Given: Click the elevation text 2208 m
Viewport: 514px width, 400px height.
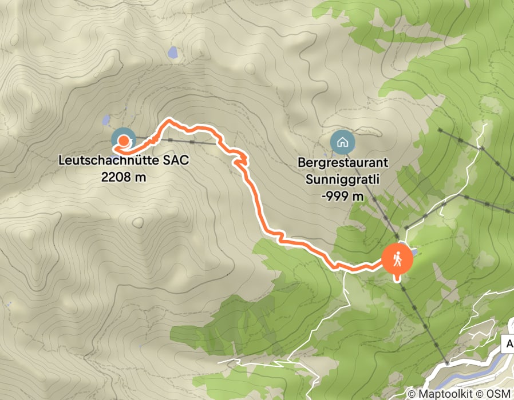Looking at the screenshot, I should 124,177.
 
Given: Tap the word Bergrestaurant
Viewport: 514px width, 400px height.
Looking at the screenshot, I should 343,163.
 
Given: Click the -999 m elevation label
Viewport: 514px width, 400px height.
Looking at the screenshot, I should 343,197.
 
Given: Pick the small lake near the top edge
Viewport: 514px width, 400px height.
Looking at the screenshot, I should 172,53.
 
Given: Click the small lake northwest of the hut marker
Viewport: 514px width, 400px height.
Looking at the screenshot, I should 105,121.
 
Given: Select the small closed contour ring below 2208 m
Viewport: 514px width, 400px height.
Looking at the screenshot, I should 138,222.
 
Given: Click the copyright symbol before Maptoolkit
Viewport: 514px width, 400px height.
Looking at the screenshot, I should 411,394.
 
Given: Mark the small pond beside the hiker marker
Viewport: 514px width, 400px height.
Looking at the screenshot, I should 413,251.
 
